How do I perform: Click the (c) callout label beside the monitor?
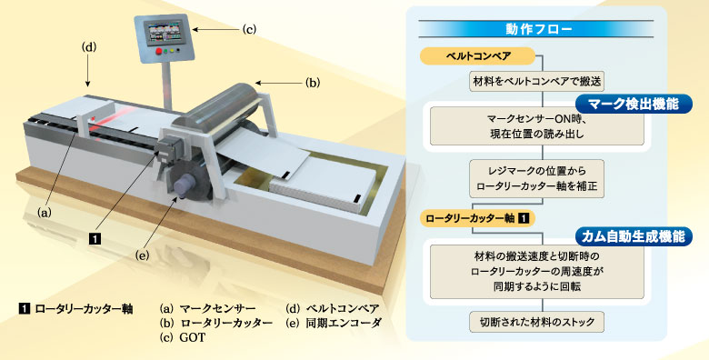[x=249, y=29]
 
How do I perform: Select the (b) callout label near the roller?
[x=313, y=83]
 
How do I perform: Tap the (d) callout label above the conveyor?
[x=89, y=45]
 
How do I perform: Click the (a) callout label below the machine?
[x=42, y=211]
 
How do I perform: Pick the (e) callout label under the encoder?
[x=144, y=255]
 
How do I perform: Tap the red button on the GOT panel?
[x=159, y=52]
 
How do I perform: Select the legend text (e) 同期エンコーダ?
[x=333, y=323]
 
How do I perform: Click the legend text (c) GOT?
[x=182, y=338]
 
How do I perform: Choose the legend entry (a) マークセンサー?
[x=207, y=307]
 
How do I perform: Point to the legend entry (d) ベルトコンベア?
[x=333, y=307]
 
